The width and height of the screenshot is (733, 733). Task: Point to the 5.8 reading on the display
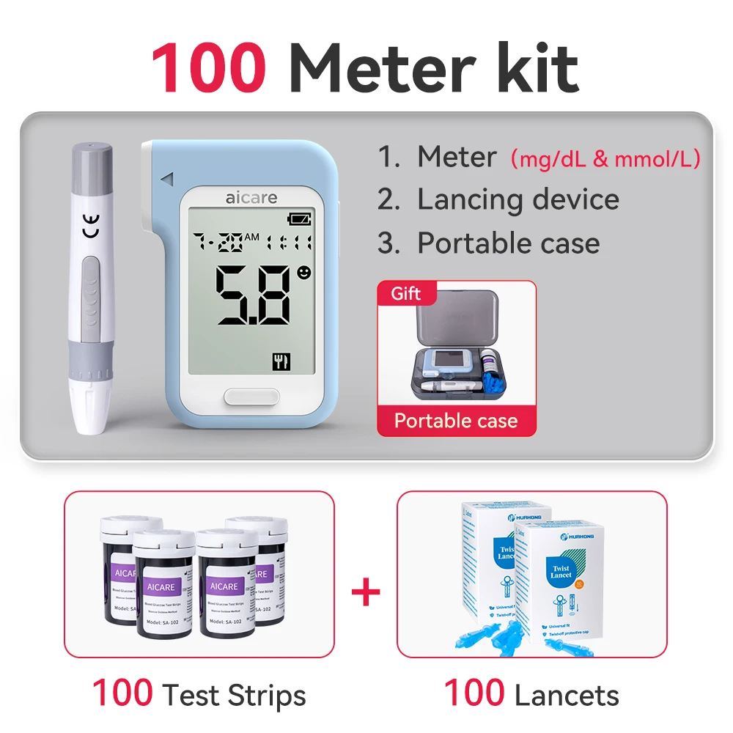pyautogui.click(x=254, y=295)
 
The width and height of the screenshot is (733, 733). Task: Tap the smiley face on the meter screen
pyautogui.click(x=303, y=273)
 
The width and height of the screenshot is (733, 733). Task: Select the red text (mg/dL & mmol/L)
pyautogui.click(x=605, y=158)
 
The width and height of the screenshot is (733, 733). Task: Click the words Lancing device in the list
pyautogui.click(x=517, y=199)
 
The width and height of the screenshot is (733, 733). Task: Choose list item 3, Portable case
pyautogui.click(x=508, y=243)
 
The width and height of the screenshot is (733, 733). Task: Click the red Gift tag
pyautogui.click(x=406, y=294)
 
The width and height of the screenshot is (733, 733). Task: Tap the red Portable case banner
pyautogui.click(x=456, y=421)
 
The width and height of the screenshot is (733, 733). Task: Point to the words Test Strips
pyautogui.click(x=234, y=694)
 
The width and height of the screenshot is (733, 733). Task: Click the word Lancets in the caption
pyautogui.click(x=567, y=694)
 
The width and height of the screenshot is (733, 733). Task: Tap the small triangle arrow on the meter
pyautogui.click(x=167, y=178)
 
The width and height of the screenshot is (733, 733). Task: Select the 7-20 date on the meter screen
pyautogui.click(x=218, y=241)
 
